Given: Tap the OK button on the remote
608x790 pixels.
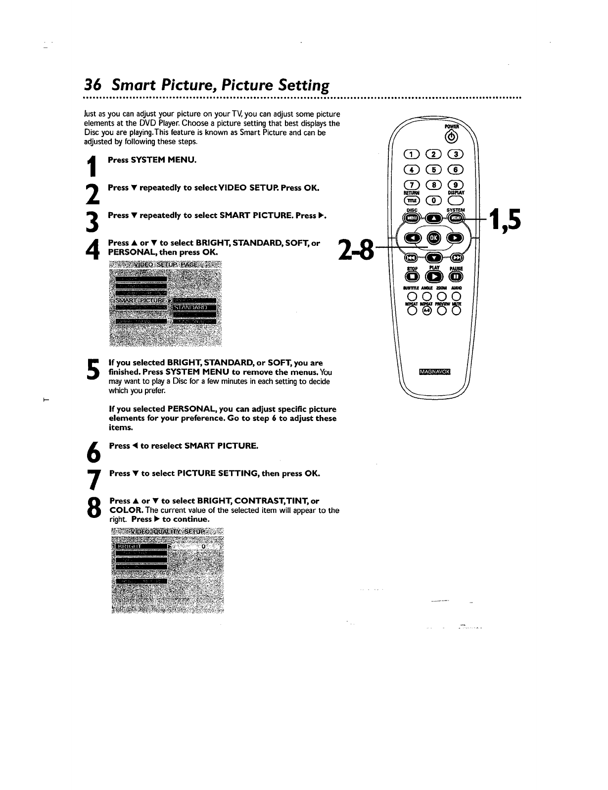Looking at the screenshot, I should click(434, 238).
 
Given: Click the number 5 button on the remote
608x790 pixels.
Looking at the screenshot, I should click(433, 170).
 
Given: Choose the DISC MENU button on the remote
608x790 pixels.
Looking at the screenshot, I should click(412, 218).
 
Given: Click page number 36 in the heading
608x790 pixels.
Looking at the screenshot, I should click(93, 85).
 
